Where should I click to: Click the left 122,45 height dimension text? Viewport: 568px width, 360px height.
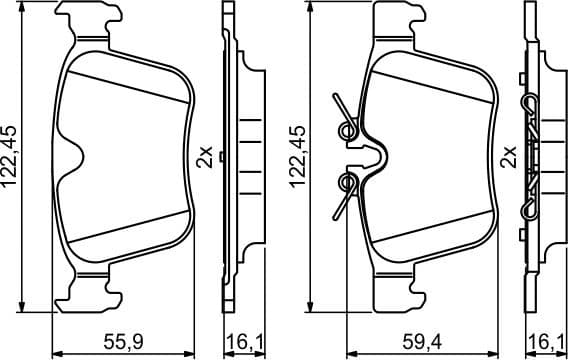pyautogui.click(x=13, y=156)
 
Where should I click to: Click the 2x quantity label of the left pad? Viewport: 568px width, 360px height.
pyautogui.click(x=204, y=156)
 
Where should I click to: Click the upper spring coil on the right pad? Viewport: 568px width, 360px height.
pyautogui.click(x=347, y=128)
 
